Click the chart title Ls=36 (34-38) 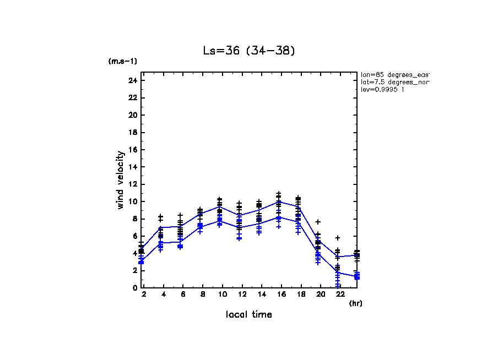click(250, 51)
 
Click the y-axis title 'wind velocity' click(120, 180)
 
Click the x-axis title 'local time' click(249, 314)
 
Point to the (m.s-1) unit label click(123, 61)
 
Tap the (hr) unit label click(356, 303)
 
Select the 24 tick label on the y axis click(132, 80)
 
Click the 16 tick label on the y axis click(132, 150)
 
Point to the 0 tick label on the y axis click(134, 287)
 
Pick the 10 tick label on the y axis click(132, 201)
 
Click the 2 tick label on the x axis click(144, 295)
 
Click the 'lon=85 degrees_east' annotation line click(394, 74)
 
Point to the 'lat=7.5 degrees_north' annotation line click(394, 81)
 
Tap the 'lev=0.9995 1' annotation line click(382, 89)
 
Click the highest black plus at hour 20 click(318, 222)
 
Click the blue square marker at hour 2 click(142, 262)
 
